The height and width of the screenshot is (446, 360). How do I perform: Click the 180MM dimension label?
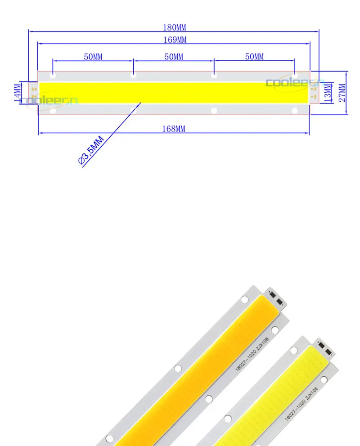(174, 27)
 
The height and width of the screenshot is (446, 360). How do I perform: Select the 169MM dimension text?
(174, 40)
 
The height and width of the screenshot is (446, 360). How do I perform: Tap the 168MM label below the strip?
(174, 129)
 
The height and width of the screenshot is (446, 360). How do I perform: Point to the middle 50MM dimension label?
(174, 57)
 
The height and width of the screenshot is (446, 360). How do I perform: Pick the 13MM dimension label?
(327, 93)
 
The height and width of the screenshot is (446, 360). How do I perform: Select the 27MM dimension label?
(342, 93)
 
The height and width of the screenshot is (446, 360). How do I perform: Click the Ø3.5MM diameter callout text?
(91, 151)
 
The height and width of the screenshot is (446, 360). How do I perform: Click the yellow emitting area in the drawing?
(174, 92)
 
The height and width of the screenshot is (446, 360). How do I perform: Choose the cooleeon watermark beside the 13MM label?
(288, 82)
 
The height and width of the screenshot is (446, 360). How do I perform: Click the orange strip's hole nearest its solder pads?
(245, 299)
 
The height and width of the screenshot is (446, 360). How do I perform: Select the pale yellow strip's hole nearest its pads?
(294, 350)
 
